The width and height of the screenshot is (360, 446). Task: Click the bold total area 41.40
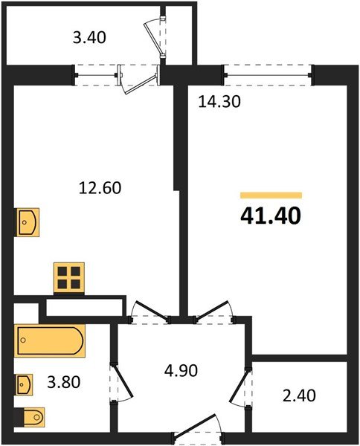coord(270,217)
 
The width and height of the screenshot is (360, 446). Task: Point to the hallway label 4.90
coord(181,369)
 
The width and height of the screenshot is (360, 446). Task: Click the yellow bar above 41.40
coord(271,195)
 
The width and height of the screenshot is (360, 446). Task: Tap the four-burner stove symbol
coord(68,277)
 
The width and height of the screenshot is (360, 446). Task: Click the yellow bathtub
coord(49,341)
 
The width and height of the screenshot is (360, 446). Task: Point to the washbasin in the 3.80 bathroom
coord(25,385)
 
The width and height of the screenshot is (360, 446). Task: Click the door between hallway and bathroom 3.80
coord(119,379)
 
